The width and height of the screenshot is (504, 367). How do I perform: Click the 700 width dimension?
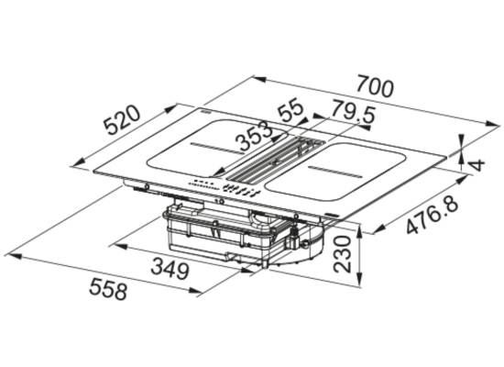click(375, 86)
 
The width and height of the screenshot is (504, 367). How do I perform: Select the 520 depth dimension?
click(123, 120)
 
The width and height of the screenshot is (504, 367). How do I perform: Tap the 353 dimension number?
click(254, 136)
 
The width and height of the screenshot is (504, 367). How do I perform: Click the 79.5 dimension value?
click(353, 111)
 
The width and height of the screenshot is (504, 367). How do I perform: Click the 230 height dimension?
click(342, 254)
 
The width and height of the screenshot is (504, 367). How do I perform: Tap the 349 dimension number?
click(170, 269)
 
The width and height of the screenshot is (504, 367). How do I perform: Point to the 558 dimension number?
click(108, 289)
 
